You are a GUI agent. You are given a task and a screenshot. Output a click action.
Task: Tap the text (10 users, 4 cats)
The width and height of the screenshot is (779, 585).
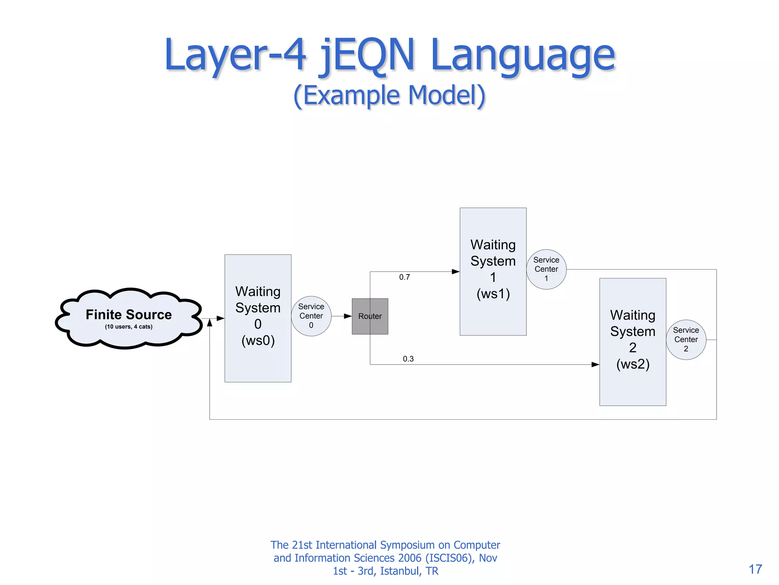click(129, 327)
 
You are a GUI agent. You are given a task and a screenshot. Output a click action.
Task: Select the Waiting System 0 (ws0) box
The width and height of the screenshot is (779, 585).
click(258, 318)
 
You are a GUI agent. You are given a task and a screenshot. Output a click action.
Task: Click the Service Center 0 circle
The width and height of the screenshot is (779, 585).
click(311, 316)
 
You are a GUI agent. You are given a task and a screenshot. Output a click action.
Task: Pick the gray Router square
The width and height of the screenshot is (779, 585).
click(370, 316)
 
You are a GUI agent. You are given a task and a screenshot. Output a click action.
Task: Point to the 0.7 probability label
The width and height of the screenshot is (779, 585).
click(404, 277)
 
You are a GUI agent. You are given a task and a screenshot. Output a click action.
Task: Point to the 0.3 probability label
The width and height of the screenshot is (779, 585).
click(408, 359)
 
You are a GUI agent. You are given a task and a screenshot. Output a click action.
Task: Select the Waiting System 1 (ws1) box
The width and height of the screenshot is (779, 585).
click(493, 271)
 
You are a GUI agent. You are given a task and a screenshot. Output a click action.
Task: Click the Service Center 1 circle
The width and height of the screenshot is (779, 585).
click(546, 269)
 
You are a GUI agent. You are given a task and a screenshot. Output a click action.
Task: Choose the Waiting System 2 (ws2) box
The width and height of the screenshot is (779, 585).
click(633, 342)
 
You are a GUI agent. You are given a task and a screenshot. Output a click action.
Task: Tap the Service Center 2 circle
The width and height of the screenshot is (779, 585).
click(686, 340)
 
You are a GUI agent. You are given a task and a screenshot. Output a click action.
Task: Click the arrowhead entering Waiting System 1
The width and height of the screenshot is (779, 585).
click(456, 272)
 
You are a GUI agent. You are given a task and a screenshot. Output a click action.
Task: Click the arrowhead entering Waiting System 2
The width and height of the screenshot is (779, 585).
click(595, 364)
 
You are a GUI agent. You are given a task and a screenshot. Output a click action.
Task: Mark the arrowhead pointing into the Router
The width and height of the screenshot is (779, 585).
click(348, 316)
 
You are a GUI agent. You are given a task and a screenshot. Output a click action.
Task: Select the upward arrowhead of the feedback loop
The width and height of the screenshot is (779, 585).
click(210, 323)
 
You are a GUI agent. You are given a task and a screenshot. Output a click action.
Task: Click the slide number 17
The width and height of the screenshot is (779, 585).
click(755, 569)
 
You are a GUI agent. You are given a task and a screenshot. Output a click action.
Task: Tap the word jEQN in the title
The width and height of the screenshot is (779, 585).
click(367, 55)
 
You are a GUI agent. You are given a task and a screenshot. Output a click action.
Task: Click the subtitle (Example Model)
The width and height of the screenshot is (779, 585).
click(389, 95)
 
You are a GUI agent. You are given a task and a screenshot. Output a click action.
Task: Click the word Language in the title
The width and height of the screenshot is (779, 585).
click(523, 55)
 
